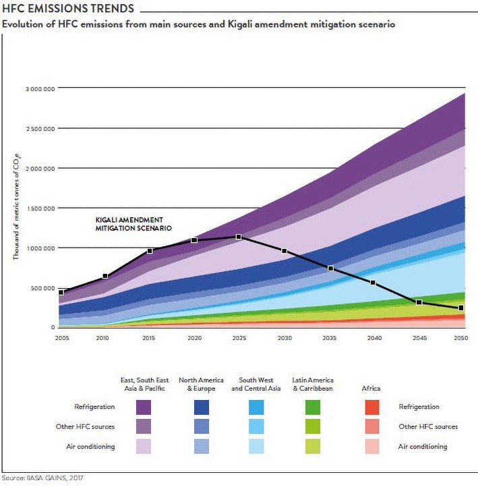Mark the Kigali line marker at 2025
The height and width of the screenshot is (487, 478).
click(x=238, y=237)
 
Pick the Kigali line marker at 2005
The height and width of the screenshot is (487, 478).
click(x=61, y=292)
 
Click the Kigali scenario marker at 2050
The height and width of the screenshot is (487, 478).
click(x=461, y=308)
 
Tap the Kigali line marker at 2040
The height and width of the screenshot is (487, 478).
click(x=373, y=283)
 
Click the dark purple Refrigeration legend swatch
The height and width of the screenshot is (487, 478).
click(x=143, y=407)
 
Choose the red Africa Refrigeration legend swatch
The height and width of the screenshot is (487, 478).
click(x=371, y=407)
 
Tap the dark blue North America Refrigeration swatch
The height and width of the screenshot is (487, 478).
click(x=200, y=407)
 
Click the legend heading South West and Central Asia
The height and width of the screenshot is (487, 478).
click(x=257, y=384)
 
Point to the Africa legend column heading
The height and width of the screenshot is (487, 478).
click(x=371, y=389)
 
